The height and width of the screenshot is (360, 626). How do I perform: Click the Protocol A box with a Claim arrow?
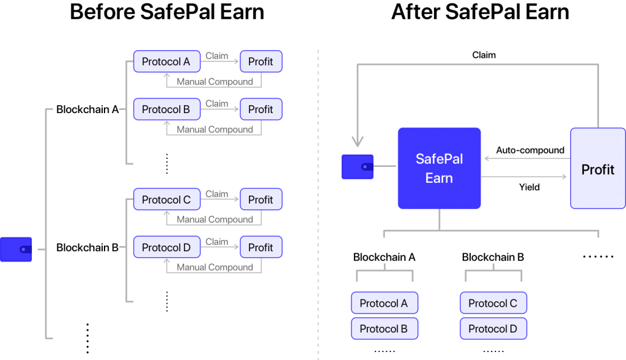tap(166, 62)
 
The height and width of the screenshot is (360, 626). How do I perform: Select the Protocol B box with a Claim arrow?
tap(166, 109)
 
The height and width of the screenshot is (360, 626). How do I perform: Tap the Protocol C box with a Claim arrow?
tap(166, 200)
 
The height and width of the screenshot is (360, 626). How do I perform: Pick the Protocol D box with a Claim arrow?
tap(166, 248)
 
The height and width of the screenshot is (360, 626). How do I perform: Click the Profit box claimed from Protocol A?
tap(261, 62)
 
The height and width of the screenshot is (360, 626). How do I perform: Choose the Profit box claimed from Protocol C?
tap(261, 200)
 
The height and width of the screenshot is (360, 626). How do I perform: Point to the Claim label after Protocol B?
tap(217, 104)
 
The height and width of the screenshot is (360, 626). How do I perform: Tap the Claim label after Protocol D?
tap(217, 242)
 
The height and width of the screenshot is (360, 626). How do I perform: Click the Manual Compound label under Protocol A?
tap(215, 82)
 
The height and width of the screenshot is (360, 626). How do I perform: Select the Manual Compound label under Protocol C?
tap(215, 219)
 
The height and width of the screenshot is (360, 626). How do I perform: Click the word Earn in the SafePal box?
tap(439, 178)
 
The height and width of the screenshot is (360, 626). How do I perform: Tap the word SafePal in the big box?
tap(439, 159)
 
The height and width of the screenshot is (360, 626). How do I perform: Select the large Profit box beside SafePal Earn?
tap(597, 169)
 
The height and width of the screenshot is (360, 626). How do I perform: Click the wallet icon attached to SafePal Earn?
tap(357, 166)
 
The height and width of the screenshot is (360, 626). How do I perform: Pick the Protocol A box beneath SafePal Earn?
tap(384, 303)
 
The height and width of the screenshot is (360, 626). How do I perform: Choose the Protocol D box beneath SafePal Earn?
tap(493, 329)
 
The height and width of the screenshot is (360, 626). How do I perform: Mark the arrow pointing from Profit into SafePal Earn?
tap(526, 158)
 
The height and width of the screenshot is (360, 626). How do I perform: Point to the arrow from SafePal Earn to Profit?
tap(525, 177)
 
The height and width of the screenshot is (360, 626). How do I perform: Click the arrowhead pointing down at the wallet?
tap(357, 143)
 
